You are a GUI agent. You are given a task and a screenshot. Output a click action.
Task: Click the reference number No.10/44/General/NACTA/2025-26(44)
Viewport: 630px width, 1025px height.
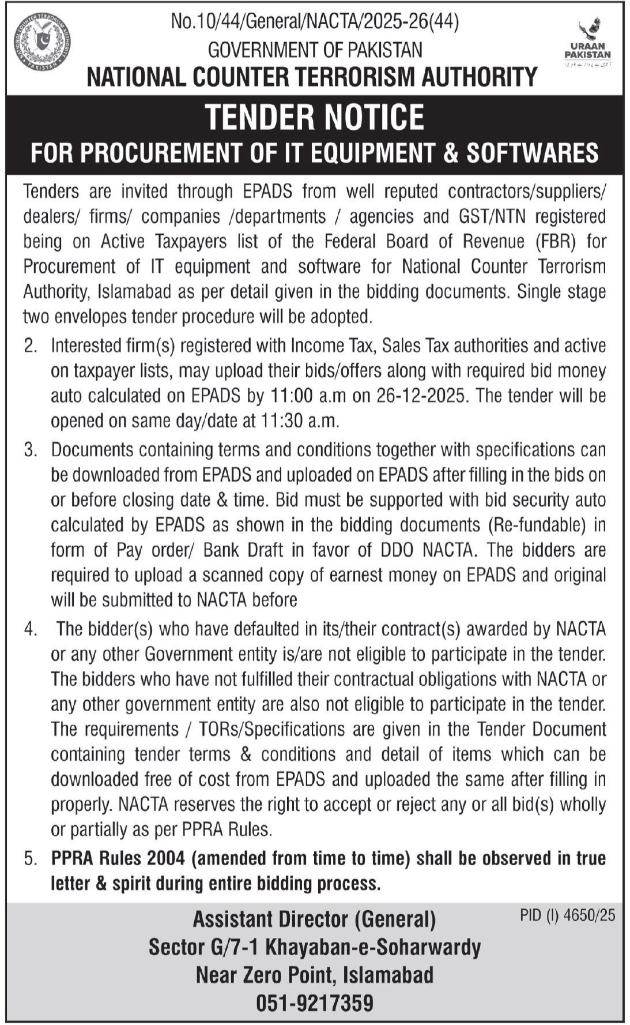pyautogui.click(x=315, y=22)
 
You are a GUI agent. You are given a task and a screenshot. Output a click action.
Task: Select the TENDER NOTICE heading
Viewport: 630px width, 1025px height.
pyautogui.click(x=315, y=117)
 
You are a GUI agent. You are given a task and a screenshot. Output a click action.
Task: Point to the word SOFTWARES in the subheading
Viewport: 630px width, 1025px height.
pyautogui.click(x=532, y=153)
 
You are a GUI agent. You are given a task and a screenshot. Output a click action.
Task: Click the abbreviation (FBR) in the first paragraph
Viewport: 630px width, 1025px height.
pyautogui.click(x=556, y=241)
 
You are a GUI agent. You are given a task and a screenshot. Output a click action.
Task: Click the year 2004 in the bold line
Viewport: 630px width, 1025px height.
pyautogui.click(x=165, y=858)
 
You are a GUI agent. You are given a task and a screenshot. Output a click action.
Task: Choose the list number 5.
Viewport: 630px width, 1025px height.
pyautogui.click(x=31, y=858)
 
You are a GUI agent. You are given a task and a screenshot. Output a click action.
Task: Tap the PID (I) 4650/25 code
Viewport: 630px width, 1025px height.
pyautogui.click(x=567, y=915)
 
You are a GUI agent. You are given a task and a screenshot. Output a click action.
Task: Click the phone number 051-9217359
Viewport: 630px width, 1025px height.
pyautogui.click(x=315, y=1003)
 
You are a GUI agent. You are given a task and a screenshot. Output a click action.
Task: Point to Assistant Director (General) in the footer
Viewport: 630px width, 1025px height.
pyautogui.click(x=314, y=919)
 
